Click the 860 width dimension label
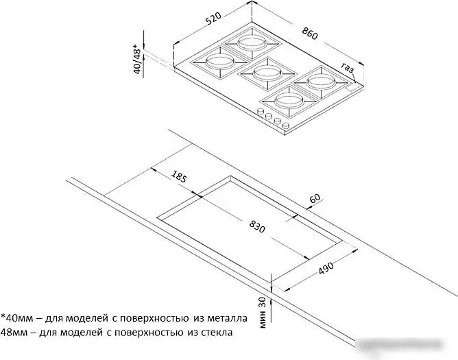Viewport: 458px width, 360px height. point(309,34)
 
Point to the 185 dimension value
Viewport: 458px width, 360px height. point(178,176)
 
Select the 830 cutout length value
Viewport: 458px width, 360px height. point(257,226)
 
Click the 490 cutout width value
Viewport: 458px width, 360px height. point(326,268)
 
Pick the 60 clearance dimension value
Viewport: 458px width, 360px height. point(315,198)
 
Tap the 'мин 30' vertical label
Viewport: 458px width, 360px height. point(263,313)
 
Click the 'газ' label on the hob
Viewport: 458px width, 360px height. point(348,68)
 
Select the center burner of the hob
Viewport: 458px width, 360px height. point(267,73)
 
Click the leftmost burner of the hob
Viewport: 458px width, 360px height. point(220,62)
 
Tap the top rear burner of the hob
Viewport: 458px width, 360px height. point(252,43)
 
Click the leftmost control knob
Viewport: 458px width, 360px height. point(259,111)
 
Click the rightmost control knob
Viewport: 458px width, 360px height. point(286,126)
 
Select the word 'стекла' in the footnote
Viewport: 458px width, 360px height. point(217,333)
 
